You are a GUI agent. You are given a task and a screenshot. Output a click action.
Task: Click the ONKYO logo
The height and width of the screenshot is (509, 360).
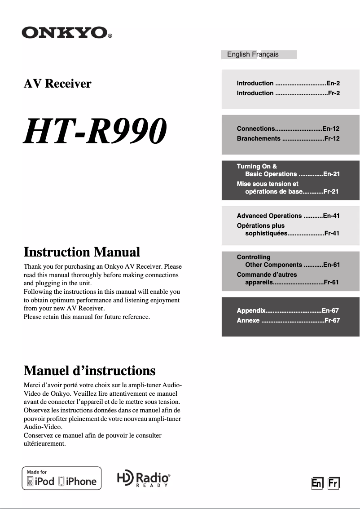(67, 33)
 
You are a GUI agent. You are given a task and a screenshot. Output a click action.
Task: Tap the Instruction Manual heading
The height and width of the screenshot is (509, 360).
(82, 252)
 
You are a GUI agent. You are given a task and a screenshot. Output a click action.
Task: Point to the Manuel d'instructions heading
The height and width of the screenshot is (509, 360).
(89, 371)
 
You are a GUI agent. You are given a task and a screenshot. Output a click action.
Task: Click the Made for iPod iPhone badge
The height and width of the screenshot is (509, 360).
(62, 478)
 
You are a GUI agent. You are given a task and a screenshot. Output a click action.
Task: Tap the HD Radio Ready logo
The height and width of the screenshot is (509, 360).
(143, 479)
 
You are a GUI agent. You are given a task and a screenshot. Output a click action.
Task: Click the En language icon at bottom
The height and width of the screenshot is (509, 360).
(317, 483)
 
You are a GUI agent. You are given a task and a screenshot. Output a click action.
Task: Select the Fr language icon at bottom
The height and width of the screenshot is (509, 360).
(333, 483)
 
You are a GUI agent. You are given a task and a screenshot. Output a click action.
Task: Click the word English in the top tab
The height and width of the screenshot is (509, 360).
(238, 54)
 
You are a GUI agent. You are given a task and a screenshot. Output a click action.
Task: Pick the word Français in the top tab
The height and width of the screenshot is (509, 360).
(265, 54)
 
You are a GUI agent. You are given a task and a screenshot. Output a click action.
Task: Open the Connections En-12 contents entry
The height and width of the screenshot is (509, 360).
(288, 128)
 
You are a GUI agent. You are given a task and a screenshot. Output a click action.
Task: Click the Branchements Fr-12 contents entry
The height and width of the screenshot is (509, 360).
(288, 138)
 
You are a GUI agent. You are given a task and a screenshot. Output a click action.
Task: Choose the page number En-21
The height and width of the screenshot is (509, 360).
(331, 174)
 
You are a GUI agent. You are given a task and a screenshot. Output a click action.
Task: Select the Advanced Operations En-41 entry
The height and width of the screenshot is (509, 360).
(288, 216)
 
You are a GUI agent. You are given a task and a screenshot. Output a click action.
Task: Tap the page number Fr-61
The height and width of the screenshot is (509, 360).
(331, 283)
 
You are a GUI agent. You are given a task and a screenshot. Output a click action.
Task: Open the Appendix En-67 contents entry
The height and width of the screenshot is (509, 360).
(288, 310)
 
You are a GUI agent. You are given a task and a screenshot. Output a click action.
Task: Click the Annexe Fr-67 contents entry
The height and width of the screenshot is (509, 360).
(288, 320)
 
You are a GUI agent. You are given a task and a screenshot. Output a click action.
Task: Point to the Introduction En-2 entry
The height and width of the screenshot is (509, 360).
(288, 83)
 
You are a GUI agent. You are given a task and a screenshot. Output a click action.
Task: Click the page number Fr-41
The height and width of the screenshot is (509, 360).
(331, 234)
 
